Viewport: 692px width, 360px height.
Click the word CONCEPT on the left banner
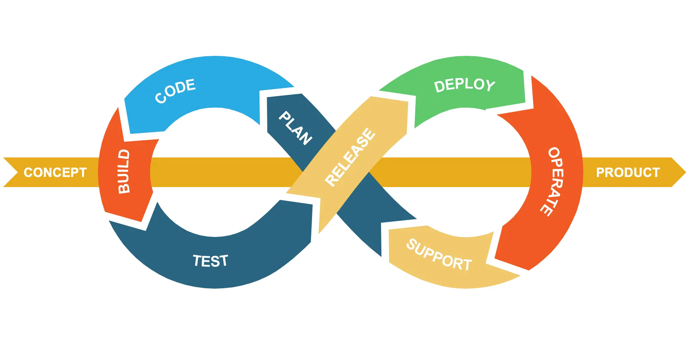point(55,172)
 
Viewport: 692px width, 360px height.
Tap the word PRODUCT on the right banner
point(628,172)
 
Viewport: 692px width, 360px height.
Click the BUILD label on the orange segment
point(124,172)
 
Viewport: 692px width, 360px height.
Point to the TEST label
point(210,261)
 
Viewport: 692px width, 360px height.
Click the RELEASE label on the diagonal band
point(350,157)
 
